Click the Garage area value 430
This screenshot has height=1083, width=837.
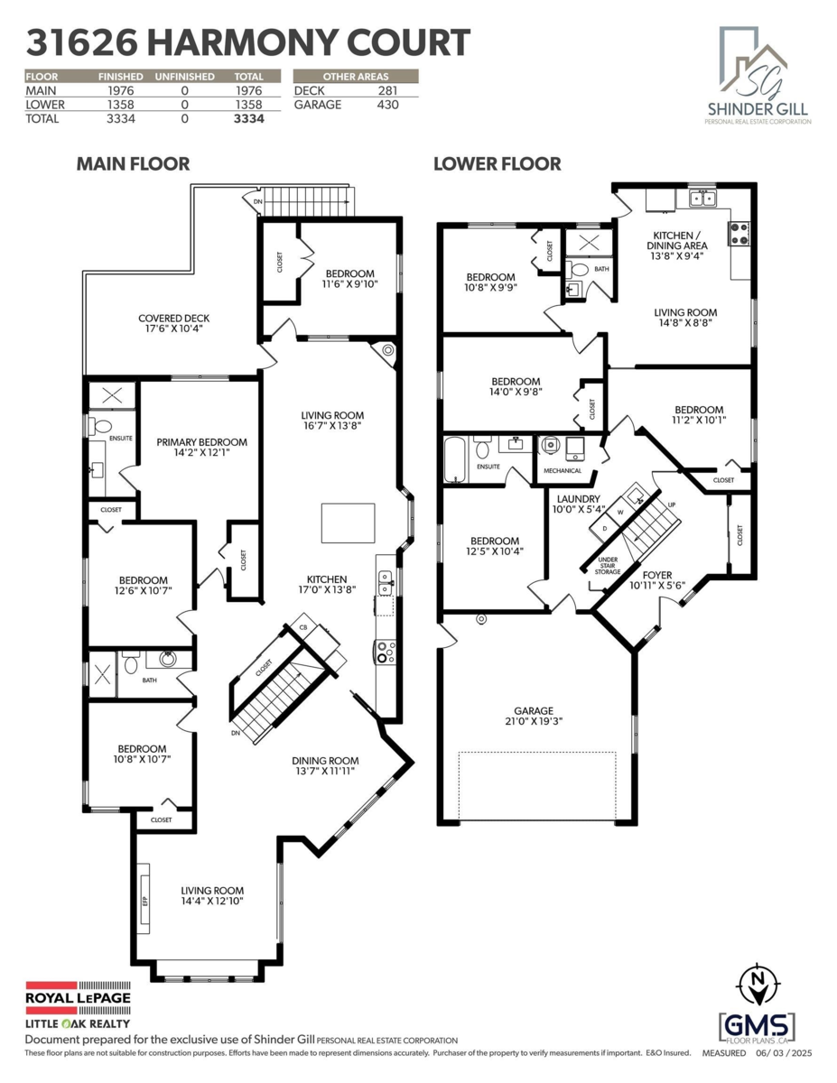[x=386, y=105]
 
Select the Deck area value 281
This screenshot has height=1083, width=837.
[x=386, y=91]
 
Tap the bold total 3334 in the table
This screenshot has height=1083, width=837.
[x=248, y=118]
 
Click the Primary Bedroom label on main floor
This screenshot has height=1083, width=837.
[x=201, y=449]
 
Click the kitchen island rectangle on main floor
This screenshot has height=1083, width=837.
[x=348, y=523]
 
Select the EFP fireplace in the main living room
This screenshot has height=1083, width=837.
[x=144, y=898]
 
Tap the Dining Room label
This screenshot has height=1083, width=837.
[x=325, y=765]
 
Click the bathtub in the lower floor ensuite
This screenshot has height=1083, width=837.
[x=457, y=459]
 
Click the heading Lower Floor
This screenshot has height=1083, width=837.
[x=497, y=164]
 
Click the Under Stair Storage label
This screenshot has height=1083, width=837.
[x=609, y=565]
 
